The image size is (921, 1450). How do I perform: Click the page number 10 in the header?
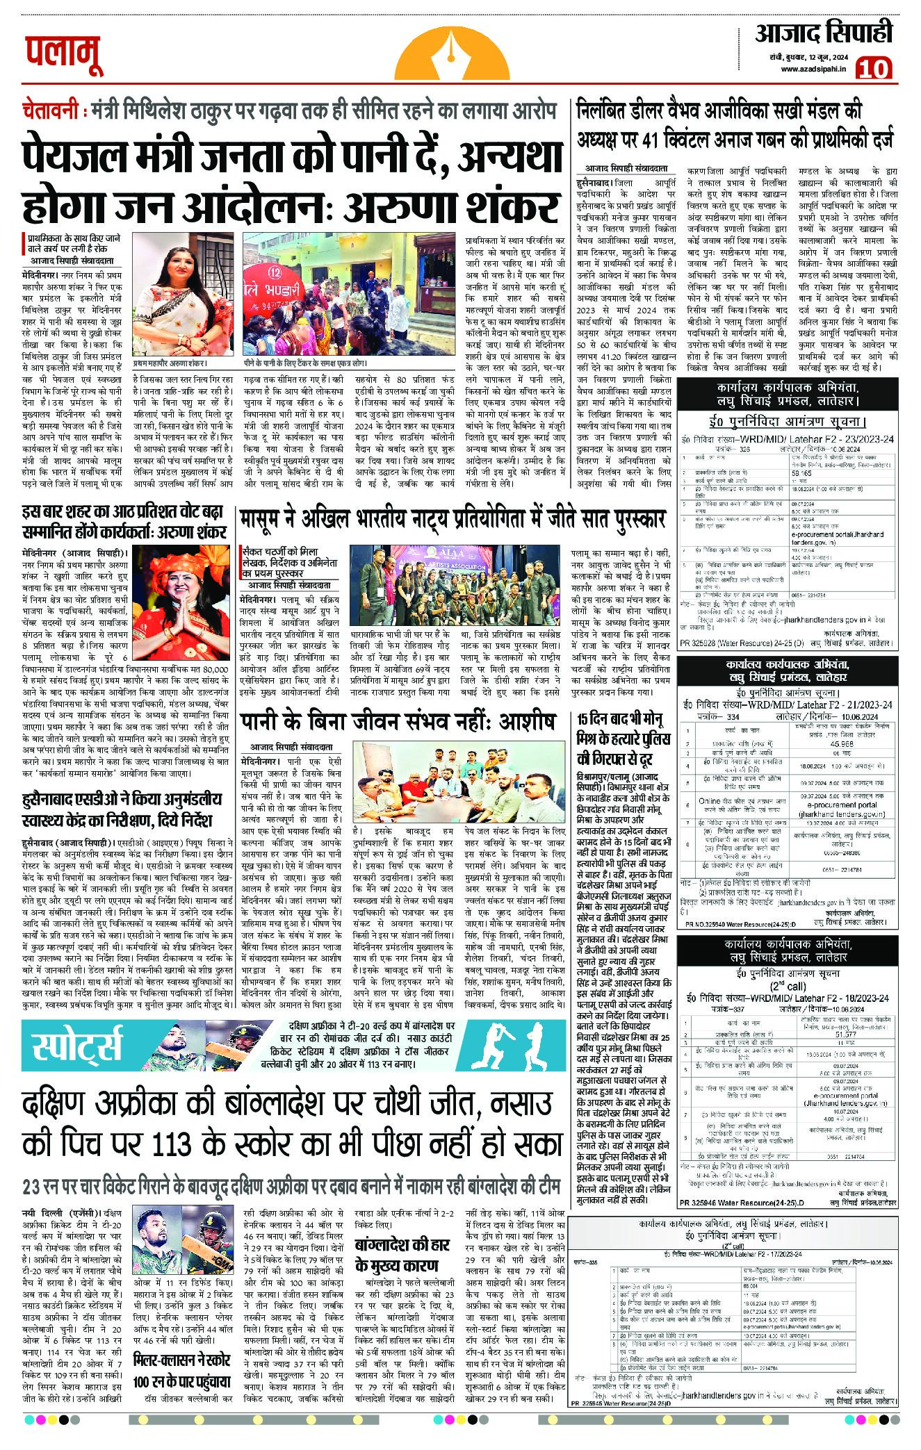pos(874,69)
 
